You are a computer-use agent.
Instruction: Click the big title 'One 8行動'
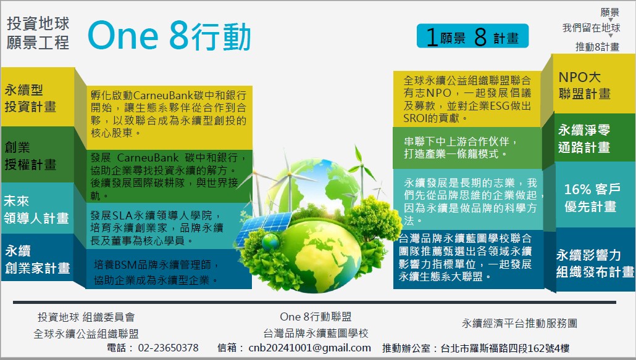point(170,36)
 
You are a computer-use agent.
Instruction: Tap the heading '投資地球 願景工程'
point(38,33)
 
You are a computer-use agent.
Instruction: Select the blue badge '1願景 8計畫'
point(472,36)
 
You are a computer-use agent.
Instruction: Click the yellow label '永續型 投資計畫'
point(30,99)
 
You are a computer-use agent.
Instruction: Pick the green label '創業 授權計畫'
point(30,156)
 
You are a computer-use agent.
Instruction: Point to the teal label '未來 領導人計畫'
point(36,210)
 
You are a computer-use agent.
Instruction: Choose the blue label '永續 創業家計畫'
point(37,259)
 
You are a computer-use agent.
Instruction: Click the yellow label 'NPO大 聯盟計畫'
point(585,86)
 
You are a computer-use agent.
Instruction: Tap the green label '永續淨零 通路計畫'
point(584,139)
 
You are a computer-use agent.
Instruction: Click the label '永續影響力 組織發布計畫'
point(595,263)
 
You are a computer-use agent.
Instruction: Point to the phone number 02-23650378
point(169,348)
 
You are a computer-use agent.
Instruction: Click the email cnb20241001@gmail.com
point(310,348)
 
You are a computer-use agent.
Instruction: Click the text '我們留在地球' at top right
point(591,28)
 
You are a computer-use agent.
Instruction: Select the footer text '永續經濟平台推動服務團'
point(519,323)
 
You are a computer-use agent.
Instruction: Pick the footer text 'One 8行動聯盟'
point(316,317)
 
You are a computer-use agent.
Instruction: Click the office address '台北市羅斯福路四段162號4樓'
point(505,348)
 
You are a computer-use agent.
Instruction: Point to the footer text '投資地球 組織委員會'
point(86,317)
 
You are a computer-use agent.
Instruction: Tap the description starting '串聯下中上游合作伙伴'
point(461,147)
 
